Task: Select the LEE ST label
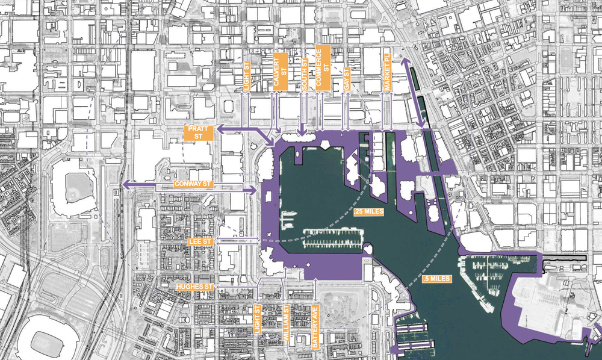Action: click(x=200, y=241)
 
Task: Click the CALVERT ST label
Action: click(x=281, y=67)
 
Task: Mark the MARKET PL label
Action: click(x=387, y=71)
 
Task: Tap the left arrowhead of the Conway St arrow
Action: click(x=125, y=184)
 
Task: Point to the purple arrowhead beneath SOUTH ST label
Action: click(x=301, y=131)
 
